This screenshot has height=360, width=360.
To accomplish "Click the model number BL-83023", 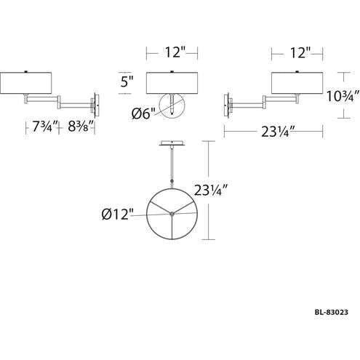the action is (x=331, y=312).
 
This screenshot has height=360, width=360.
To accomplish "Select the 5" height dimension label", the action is (x=127, y=81).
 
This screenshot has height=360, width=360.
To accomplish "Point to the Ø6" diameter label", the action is (x=143, y=113).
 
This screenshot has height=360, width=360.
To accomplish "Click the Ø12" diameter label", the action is (x=118, y=214).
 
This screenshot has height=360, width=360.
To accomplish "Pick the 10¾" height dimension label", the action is (x=343, y=96).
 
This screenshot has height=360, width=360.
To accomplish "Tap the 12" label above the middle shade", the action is (x=175, y=52).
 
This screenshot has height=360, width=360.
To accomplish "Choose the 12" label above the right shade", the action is (x=300, y=52).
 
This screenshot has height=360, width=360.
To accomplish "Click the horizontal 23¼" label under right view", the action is (x=278, y=132).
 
